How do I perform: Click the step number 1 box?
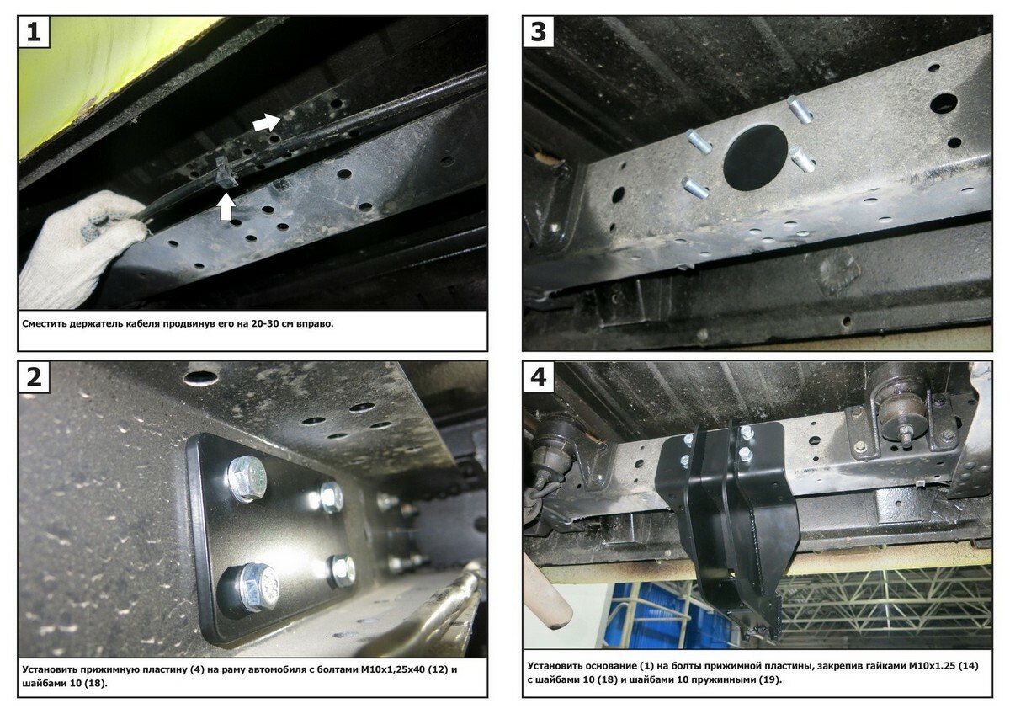coord(34,31)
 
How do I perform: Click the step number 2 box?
coord(34,376)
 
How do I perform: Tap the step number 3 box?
coord(539,31)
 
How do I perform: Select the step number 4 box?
coord(539,376)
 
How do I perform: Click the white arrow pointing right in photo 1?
coord(267,122)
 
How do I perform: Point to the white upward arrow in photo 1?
coord(226,206)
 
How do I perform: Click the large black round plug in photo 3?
coord(755,157)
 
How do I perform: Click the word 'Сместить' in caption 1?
coord(44,324)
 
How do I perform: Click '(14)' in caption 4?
coord(968,666)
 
